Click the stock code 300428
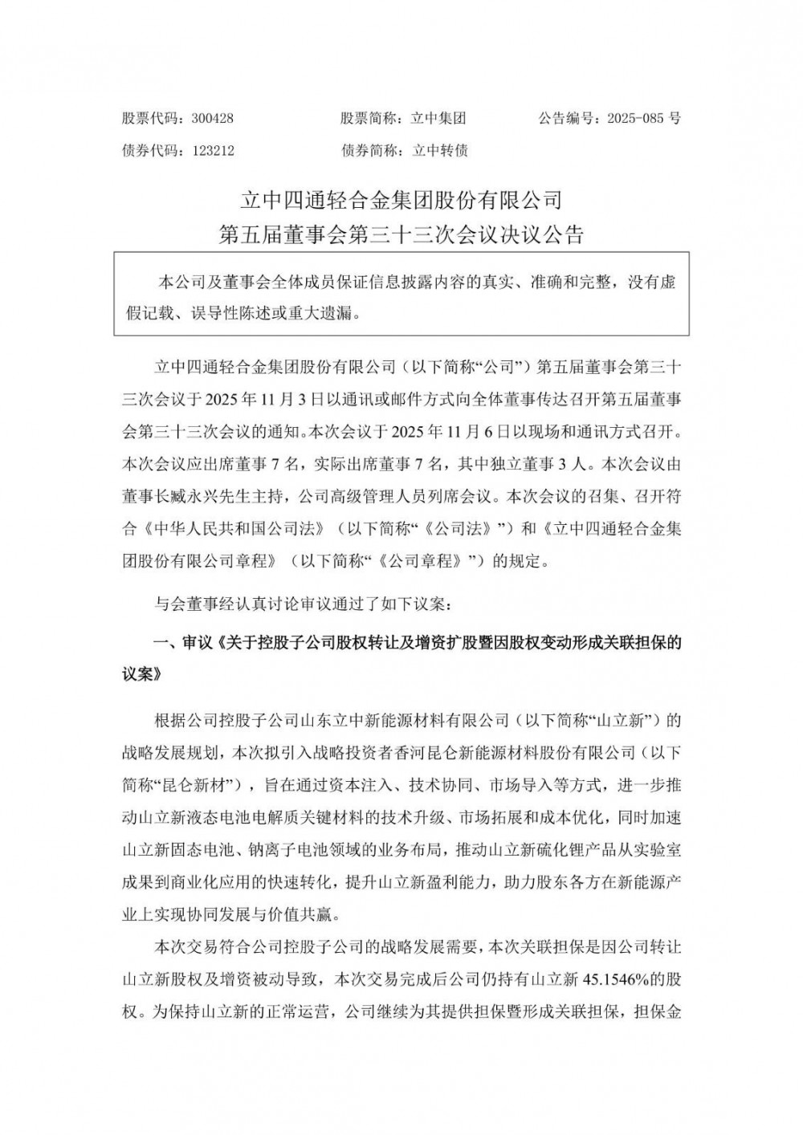(213, 118)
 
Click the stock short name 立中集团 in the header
(438, 118)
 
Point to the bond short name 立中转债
(439, 151)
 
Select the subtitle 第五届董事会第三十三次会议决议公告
(401, 234)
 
